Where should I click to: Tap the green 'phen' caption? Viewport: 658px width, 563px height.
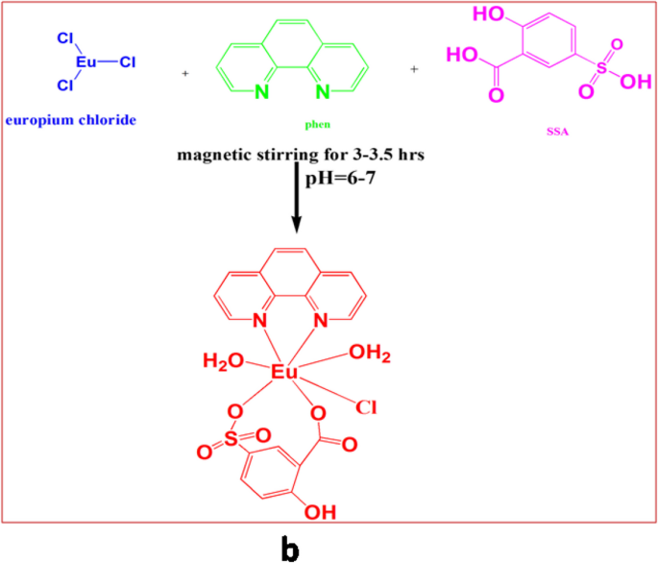click(288, 126)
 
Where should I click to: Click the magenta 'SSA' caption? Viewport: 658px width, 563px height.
click(554, 133)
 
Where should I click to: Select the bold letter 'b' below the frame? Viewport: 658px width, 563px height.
click(292, 547)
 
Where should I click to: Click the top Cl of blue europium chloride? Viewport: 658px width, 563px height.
click(65, 39)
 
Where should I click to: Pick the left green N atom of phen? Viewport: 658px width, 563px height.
click(261, 93)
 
